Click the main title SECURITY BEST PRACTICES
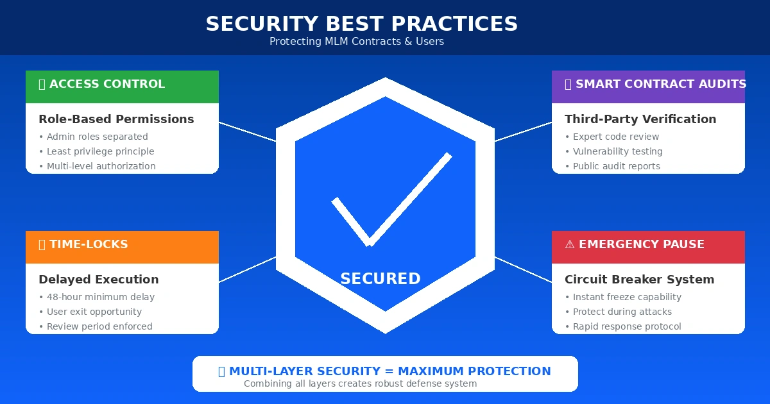(x=361, y=24)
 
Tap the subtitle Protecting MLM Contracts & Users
(x=356, y=42)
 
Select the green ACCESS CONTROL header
(x=122, y=85)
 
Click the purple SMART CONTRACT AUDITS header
(x=648, y=85)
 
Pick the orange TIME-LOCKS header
(x=122, y=245)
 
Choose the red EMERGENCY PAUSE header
(x=648, y=245)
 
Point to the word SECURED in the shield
(x=381, y=279)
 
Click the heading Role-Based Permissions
(x=116, y=119)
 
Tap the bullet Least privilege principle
(x=100, y=151)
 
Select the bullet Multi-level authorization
(x=101, y=166)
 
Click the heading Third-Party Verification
(x=640, y=119)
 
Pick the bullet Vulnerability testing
(x=617, y=151)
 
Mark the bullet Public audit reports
(x=616, y=166)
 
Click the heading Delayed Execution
(x=99, y=280)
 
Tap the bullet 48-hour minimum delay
(x=100, y=297)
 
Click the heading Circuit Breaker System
(x=639, y=280)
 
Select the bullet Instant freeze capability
(x=626, y=297)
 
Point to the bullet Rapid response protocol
(x=626, y=326)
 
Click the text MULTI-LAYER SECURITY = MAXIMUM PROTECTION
(x=389, y=371)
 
